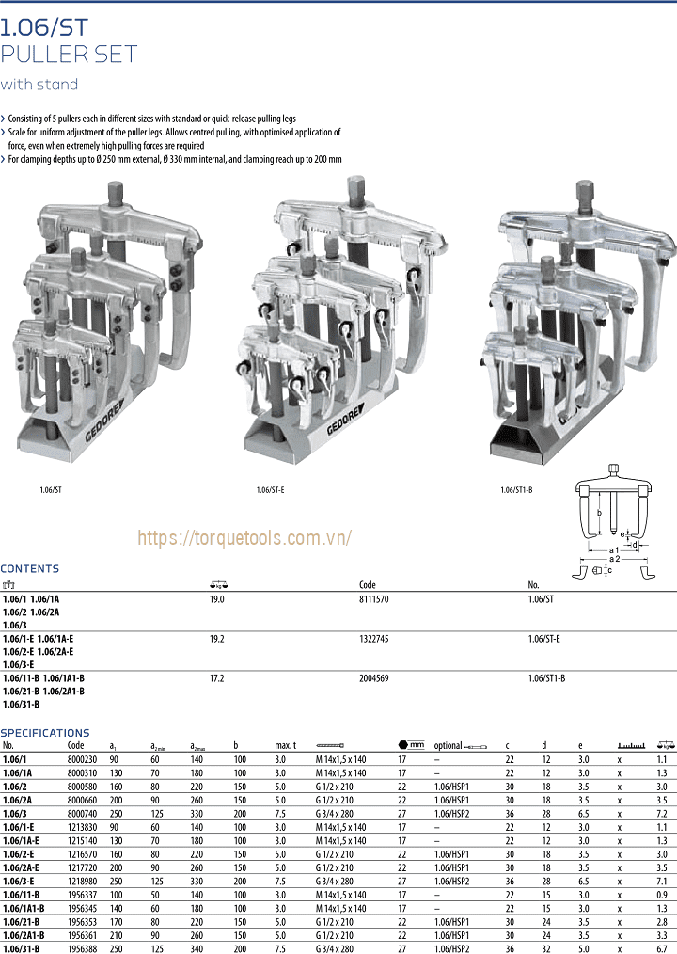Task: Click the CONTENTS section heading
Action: pyautogui.click(x=29, y=568)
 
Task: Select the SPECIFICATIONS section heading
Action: pyautogui.click(x=45, y=732)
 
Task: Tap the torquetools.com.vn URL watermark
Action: pyautogui.click(x=244, y=537)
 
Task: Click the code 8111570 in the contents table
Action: pyautogui.click(x=374, y=598)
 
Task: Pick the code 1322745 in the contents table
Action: pyautogui.click(x=374, y=638)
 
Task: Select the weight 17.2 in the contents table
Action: pyautogui.click(x=216, y=677)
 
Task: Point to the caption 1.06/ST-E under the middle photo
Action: pyautogui.click(x=270, y=490)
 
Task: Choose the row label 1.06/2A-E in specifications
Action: pyautogui.click(x=22, y=867)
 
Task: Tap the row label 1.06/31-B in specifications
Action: pyautogui.click(x=22, y=948)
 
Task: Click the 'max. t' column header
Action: pyautogui.click(x=286, y=745)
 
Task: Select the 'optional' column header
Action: pyautogui.click(x=449, y=745)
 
